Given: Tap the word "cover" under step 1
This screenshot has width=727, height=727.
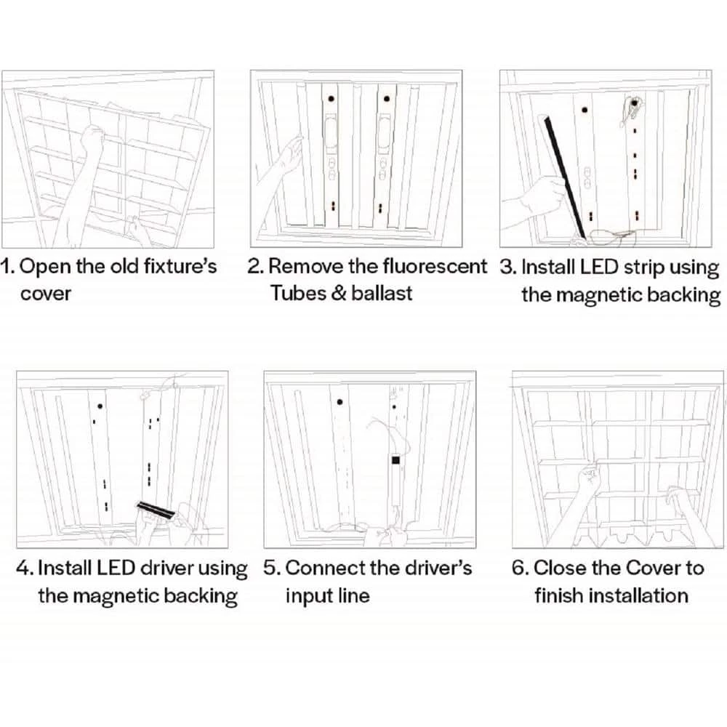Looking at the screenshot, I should [x=45, y=294].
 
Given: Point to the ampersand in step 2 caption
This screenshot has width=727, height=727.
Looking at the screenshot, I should [x=338, y=294].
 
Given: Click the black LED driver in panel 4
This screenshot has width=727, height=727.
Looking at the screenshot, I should [x=157, y=508].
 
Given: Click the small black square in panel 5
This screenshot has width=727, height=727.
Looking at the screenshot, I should [x=395, y=460].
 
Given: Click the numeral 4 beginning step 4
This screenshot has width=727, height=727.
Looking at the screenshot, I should [x=23, y=567].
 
